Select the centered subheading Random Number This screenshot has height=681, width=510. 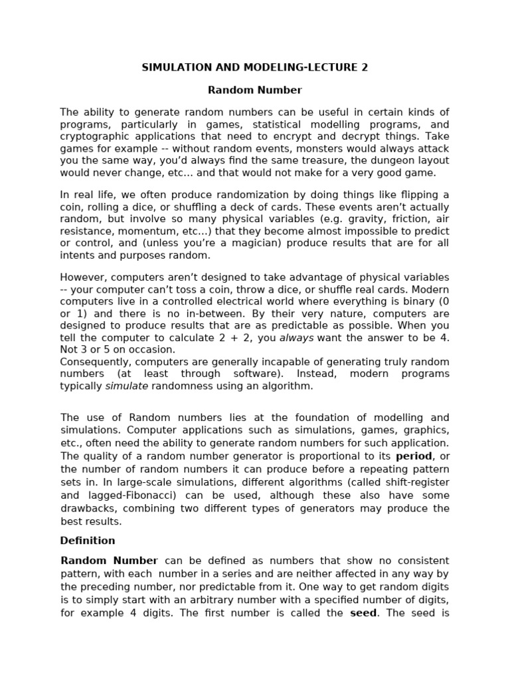coord(255,90)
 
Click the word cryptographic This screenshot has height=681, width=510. coord(93,136)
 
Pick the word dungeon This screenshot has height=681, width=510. coord(368,160)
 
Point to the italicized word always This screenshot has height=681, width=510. coord(296,337)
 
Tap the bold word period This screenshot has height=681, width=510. coord(413,456)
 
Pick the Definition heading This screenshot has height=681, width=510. coord(88,541)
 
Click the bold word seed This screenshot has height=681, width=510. coord(363,613)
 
